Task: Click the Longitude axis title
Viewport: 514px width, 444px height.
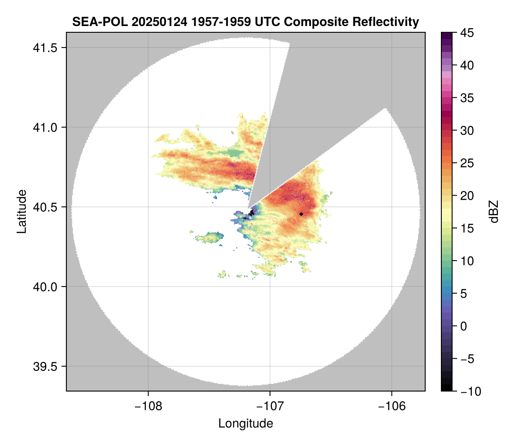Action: [245, 423]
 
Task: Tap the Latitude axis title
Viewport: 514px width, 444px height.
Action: [22, 211]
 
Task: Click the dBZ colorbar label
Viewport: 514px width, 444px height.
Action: [494, 211]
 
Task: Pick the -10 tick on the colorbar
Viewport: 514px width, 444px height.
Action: [466, 392]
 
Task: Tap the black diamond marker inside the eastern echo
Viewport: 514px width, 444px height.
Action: [301, 214]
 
